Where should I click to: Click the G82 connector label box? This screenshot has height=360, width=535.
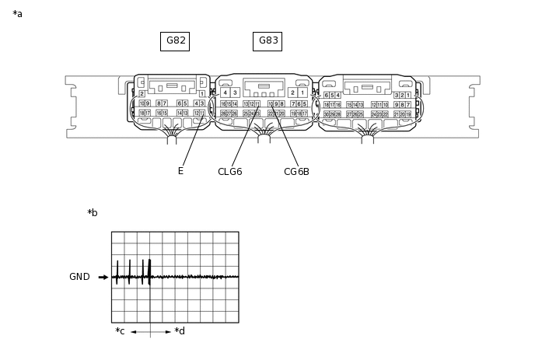(x=175, y=41)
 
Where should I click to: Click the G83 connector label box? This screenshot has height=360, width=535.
(x=267, y=41)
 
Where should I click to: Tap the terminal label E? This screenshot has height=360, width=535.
(x=180, y=171)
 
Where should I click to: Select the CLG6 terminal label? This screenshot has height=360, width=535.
(x=229, y=172)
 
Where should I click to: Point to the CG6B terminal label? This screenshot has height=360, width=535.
(x=296, y=172)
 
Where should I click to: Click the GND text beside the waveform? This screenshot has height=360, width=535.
(x=79, y=277)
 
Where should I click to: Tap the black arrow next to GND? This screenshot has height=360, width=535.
(x=103, y=277)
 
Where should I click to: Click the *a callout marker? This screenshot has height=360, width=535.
(x=17, y=14)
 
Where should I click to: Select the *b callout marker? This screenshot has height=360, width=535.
(x=93, y=213)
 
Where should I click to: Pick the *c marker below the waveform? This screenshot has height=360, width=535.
(x=120, y=331)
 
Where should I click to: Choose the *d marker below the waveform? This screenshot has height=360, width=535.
(x=180, y=331)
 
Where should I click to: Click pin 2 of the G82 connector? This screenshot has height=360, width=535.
(x=142, y=93)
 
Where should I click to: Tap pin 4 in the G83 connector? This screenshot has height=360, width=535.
(x=225, y=93)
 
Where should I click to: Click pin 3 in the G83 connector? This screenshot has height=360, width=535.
(x=235, y=93)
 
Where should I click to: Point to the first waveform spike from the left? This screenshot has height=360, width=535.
(x=117, y=270)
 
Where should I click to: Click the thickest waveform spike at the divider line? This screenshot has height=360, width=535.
(x=149, y=268)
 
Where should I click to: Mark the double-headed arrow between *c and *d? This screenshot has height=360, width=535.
(x=151, y=332)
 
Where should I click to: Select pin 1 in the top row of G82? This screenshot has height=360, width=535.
(x=202, y=93)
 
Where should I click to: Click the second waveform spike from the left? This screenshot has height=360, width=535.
(x=129, y=270)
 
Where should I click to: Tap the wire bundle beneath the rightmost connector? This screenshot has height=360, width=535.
(x=367, y=138)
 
